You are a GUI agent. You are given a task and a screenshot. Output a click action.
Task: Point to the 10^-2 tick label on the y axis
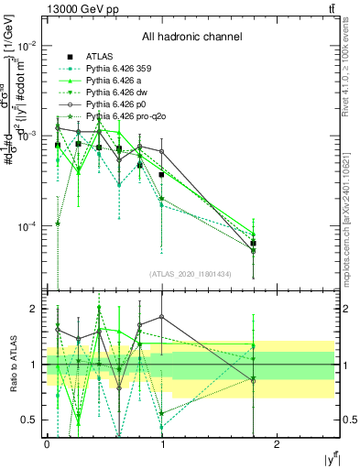click(x=27, y=46)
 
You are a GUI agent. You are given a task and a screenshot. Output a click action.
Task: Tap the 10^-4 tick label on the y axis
click(x=27, y=225)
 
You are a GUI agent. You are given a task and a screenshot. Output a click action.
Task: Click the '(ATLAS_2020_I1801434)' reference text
click(x=191, y=274)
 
